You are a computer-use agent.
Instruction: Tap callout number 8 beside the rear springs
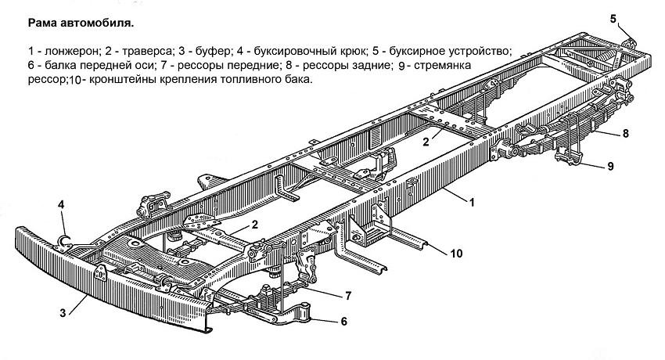(x=626, y=134)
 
